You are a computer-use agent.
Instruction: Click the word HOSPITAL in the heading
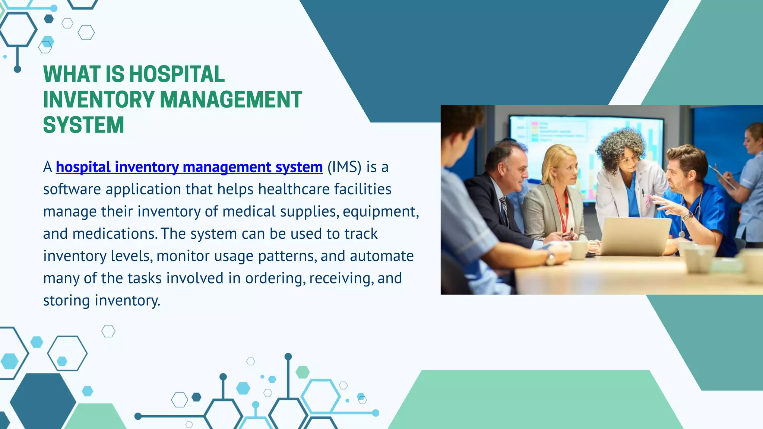click(x=177, y=74)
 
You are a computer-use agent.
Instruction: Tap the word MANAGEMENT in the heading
click(x=231, y=100)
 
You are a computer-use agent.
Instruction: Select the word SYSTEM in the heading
click(x=83, y=125)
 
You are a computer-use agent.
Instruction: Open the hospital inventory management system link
click(x=189, y=167)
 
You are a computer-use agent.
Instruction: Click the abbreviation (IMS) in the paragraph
click(x=344, y=167)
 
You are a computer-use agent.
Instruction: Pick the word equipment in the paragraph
click(x=380, y=212)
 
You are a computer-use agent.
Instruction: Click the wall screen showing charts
click(x=585, y=149)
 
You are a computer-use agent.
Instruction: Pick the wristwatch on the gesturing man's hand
click(x=688, y=216)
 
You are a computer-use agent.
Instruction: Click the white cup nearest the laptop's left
click(x=578, y=249)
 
